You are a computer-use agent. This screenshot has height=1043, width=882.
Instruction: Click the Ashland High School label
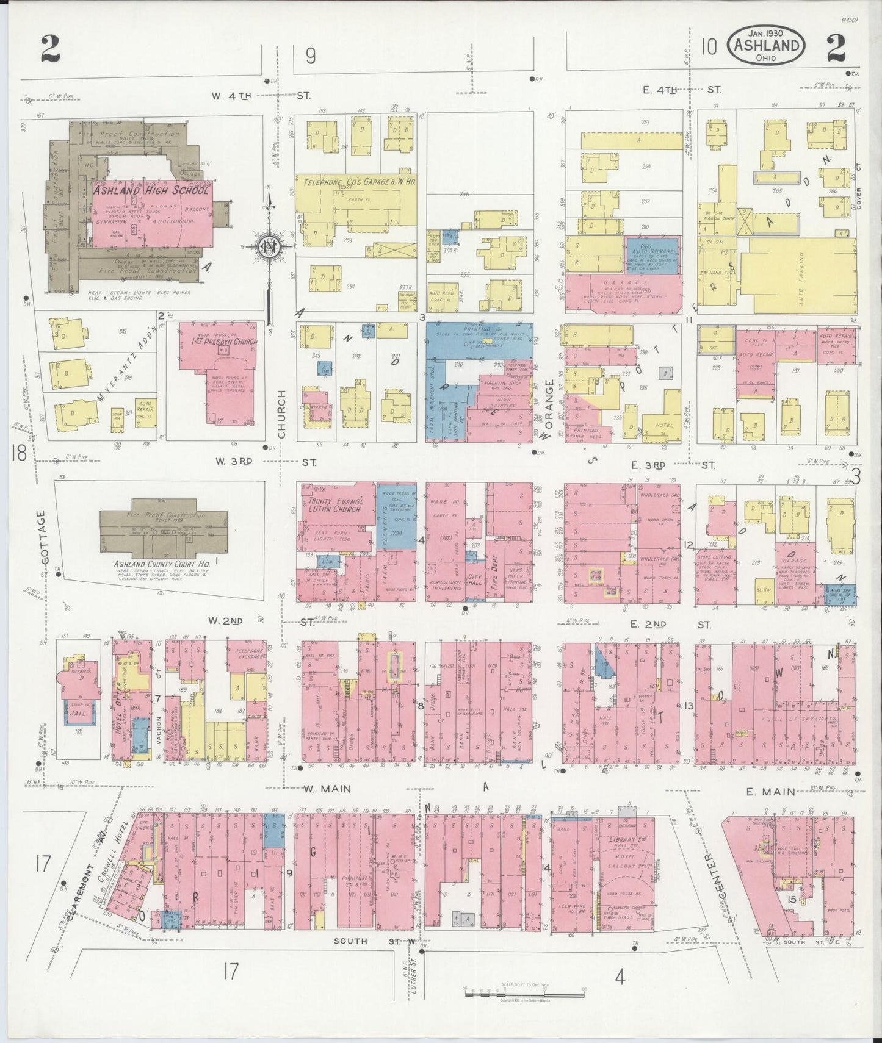(x=151, y=190)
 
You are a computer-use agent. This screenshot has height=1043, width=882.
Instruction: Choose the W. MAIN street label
(x=328, y=789)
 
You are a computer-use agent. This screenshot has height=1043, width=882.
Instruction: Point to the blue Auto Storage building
(x=651, y=256)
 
